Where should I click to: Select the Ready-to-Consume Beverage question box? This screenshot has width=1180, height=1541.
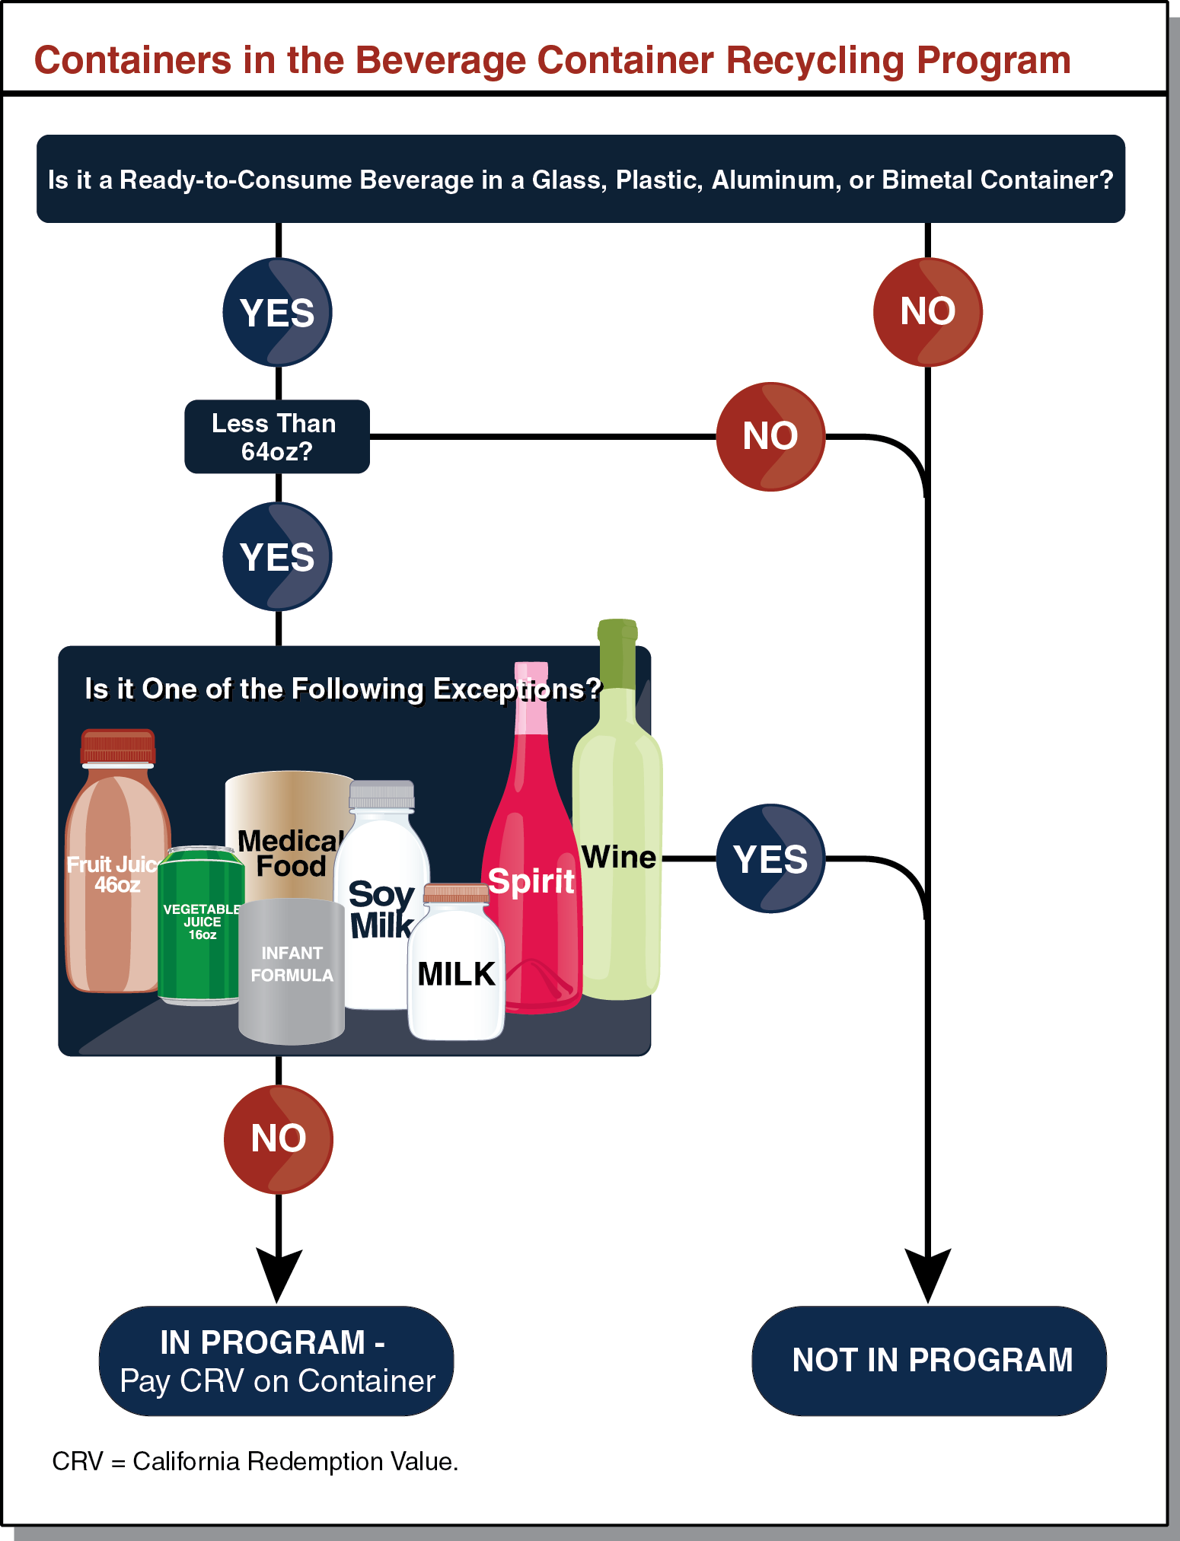tap(580, 179)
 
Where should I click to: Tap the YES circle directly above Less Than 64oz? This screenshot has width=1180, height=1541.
tap(277, 312)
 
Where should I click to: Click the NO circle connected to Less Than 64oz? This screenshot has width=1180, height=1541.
tap(770, 436)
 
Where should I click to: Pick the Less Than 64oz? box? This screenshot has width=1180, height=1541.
tap(276, 437)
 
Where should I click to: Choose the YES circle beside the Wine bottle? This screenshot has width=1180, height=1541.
tap(770, 858)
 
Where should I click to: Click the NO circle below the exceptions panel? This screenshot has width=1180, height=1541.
tap(279, 1138)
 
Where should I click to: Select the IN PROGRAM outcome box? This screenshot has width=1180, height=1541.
tap(276, 1361)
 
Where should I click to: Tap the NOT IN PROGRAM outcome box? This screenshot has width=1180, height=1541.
tap(929, 1361)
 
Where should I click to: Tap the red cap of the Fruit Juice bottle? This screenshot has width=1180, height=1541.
tap(118, 747)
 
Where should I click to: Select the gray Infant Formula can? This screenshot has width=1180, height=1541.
tap(292, 970)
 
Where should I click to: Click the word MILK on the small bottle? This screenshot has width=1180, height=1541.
tap(456, 974)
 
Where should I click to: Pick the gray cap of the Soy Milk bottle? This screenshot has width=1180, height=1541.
tap(382, 795)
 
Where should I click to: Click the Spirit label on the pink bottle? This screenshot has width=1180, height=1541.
tap(531, 881)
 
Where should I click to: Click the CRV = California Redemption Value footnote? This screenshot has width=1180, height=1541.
tap(255, 1461)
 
